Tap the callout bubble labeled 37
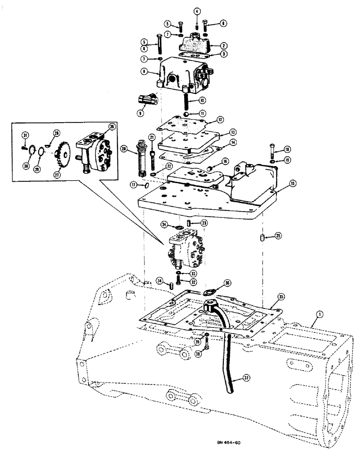[x=239, y=380]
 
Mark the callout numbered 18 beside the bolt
[x=287, y=149]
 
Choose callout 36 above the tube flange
[x=227, y=282]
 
